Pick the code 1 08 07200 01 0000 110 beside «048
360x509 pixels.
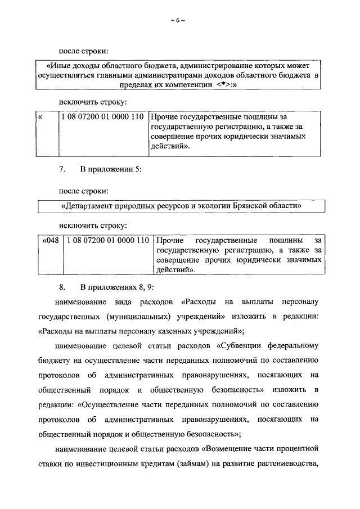(107, 241)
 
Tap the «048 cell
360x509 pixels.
(50, 241)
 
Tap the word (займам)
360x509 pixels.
(209, 463)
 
